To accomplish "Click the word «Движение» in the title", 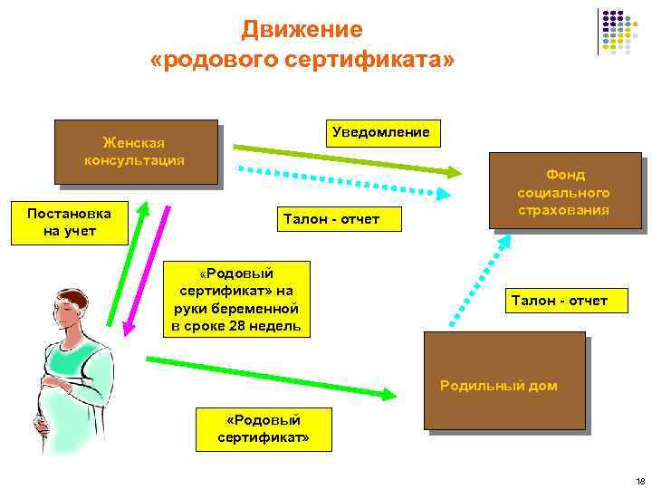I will coord(302,30).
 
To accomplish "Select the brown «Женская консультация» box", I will coord(135,151).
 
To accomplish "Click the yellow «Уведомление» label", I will coord(381,132).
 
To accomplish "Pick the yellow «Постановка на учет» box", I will coord(69,223).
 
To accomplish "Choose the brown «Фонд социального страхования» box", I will coord(563,191).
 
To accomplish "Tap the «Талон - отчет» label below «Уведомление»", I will coord(331,219).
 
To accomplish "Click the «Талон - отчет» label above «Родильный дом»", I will coord(559,301).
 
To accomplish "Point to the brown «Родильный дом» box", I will coord(504,379).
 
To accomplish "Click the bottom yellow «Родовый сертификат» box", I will coord(264,429).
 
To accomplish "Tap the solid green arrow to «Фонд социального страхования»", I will coord(345,158).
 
